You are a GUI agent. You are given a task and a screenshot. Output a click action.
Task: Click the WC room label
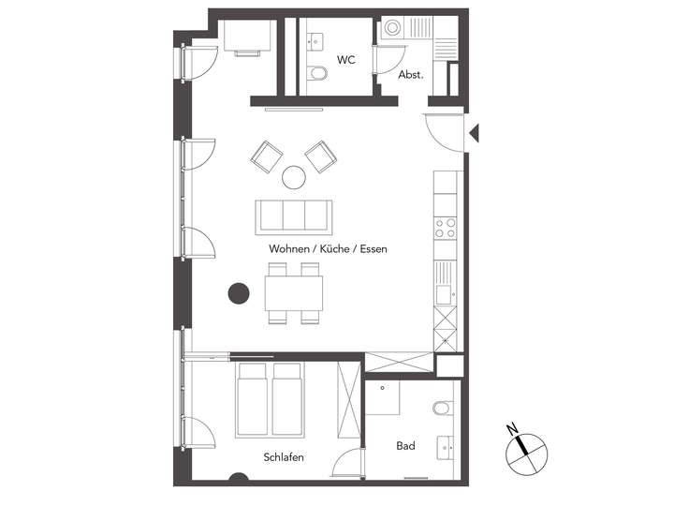(345, 60)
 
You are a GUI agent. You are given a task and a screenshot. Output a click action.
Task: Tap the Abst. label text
(411, 75)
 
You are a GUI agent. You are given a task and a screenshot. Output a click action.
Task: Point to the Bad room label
(405, 446)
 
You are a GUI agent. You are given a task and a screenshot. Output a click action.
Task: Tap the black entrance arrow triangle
(474, 132)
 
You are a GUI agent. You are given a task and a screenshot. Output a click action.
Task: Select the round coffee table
(295, 176)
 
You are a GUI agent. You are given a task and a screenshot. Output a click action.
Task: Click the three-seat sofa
(293, 216)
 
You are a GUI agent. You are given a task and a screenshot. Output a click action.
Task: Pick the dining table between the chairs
(294, 292)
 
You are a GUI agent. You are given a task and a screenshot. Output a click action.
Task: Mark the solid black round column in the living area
(240, 293)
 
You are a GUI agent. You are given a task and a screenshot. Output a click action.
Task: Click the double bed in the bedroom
(270, 400)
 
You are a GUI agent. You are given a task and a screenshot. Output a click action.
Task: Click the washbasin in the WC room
(316, 39)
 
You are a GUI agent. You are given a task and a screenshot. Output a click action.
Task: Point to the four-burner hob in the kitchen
(446, 228)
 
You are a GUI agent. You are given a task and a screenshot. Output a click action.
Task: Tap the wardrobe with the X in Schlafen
(348, 400)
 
